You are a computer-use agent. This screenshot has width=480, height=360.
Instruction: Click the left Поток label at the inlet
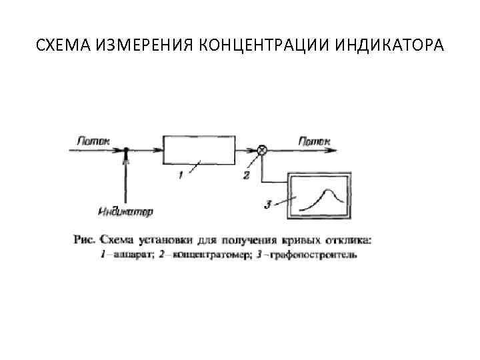coord(93,141)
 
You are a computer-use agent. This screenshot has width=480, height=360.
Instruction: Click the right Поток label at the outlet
coord(313,141)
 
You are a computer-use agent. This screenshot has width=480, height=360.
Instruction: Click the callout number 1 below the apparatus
coord(179,175)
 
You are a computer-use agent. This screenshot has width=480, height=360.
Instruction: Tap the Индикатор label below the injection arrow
coord(125,212)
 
